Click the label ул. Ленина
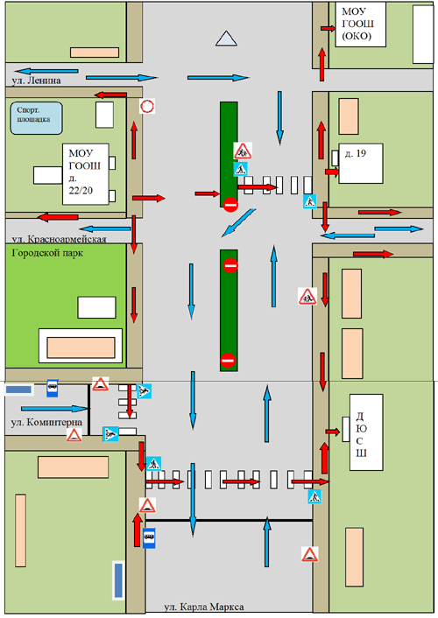point(36,81)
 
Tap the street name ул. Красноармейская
point(59,239)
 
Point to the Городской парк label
point(47,253)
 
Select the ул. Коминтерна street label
point(46,423)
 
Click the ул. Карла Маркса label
point(204,607)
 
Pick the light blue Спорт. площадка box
point(36,118)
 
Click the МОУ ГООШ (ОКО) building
point(360,25)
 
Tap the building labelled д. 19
point(361,163)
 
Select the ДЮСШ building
point(366,432)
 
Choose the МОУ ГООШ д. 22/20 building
point(86,174)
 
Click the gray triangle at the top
point(227,39)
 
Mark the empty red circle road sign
point(147,106)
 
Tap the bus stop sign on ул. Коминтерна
point(53,388)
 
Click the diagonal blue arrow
point(238,223)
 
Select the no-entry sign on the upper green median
point(230,205)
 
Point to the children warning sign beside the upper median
point(243,151)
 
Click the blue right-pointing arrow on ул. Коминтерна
point(54,409)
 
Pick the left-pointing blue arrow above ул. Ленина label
point(46,71)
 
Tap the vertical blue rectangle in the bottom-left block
point(118,580)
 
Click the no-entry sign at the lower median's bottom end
point(228,360)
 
